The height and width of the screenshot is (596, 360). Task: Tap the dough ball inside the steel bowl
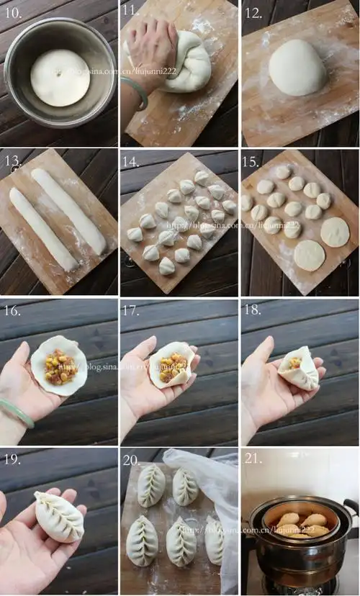point(60,77)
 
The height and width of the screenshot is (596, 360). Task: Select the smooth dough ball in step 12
point(298,67)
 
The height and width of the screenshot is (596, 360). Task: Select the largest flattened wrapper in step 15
point(334,232)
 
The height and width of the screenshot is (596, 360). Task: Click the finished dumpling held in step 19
point(60,515)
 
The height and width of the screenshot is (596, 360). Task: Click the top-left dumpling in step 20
point(150,485)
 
